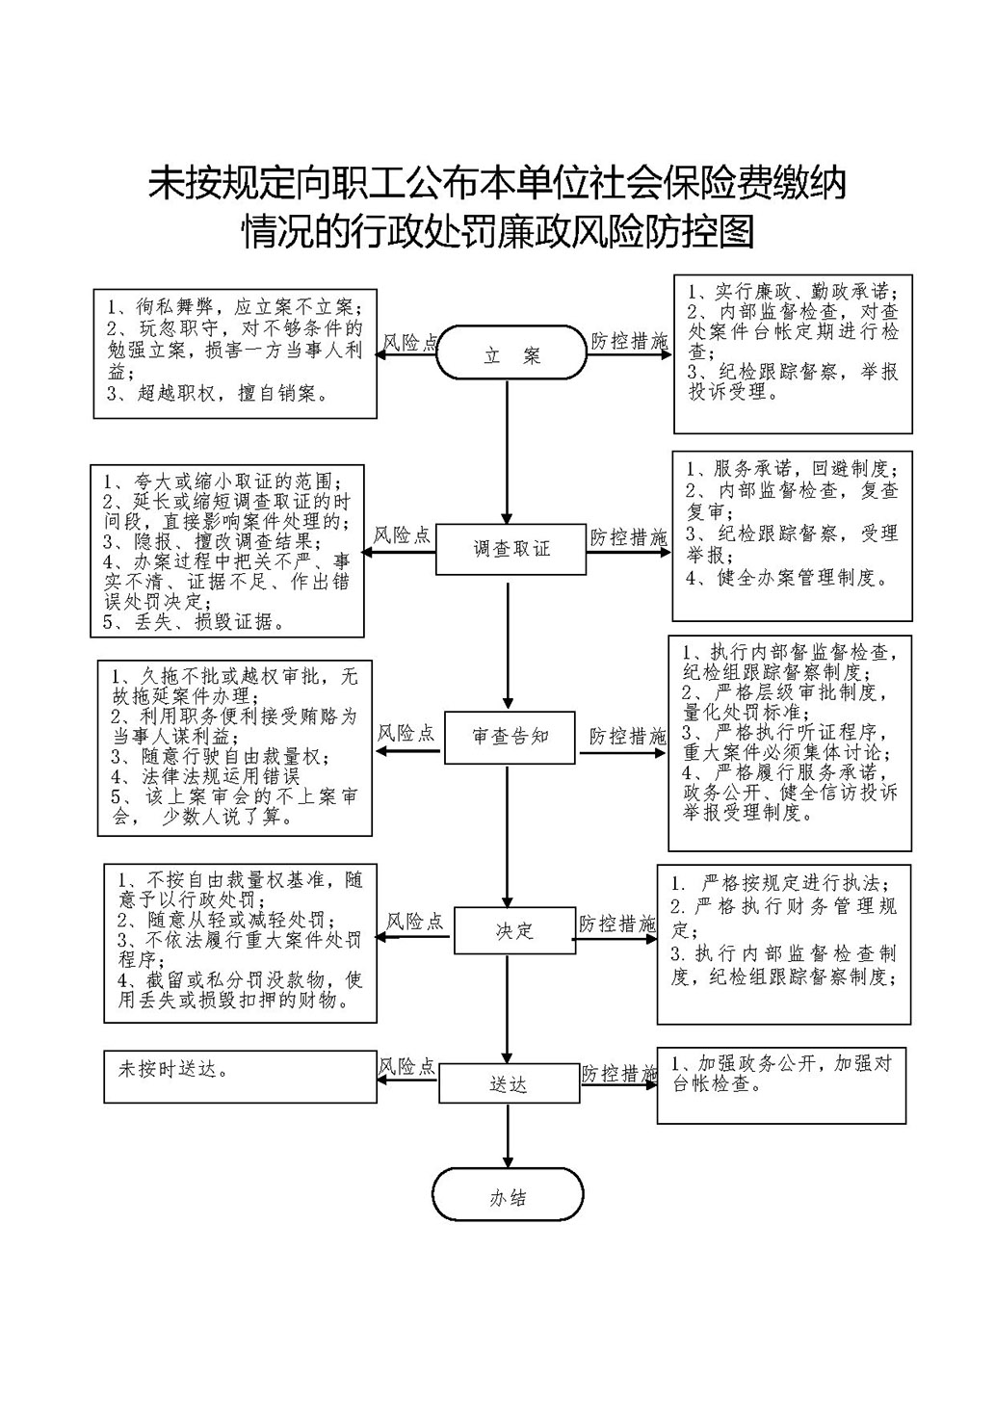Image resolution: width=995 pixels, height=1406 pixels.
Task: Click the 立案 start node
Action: point(511,356)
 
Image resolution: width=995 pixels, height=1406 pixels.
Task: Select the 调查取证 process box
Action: point(511,548)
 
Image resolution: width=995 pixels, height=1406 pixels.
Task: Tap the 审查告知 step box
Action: point(510,737)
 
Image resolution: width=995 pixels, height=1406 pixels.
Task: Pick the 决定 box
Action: point(514,930)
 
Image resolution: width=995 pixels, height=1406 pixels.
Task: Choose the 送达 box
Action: point(509,1084)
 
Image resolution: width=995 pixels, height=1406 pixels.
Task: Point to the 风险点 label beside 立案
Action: point(410,343)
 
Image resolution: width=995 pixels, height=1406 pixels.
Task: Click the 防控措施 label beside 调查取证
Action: point(628,536)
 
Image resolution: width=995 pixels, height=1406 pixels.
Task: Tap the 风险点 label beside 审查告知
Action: point(406,734)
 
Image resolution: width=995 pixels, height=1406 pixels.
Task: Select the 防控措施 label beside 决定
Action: point(616,924)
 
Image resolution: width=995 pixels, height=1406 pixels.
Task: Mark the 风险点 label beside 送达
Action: point(406,1067)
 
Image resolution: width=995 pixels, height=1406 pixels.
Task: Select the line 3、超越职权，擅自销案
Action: point(219,393)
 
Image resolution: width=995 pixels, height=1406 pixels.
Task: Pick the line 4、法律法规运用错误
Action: point(205,775)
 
